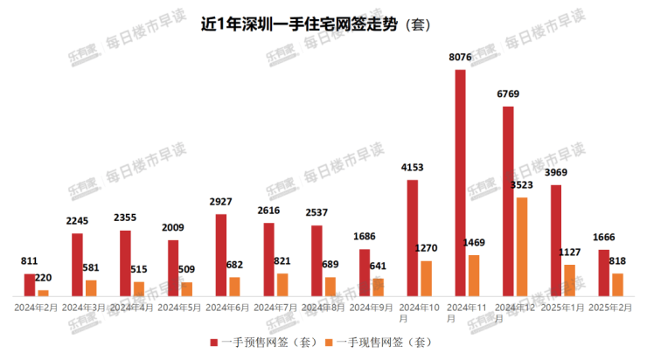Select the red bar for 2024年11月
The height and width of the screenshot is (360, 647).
(x=460, y=183)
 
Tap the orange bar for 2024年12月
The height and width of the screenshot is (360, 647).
(x=522, y=246)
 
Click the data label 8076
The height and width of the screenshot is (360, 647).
(x=461, y=58)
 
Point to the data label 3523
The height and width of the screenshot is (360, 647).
(x=522, y=185)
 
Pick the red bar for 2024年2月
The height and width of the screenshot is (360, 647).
(x=30, y=285)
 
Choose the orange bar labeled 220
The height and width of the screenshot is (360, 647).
(x=43, y=293)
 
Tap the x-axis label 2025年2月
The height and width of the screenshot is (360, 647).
(x=610, y=308)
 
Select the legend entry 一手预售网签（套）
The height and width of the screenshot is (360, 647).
(x=263, y=342)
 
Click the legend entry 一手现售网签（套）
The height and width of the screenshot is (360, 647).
(x=379, y=342)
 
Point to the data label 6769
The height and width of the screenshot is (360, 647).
(x=509, y=94)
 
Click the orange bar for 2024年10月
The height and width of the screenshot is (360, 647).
(x=426, y=278)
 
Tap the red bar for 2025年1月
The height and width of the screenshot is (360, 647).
(x=556, y=240)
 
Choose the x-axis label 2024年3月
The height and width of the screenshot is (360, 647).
(x=84, y=308)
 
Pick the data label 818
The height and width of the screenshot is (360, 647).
(x=618, y=260)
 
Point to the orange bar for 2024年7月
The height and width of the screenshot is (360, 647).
(x=282, y=284)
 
